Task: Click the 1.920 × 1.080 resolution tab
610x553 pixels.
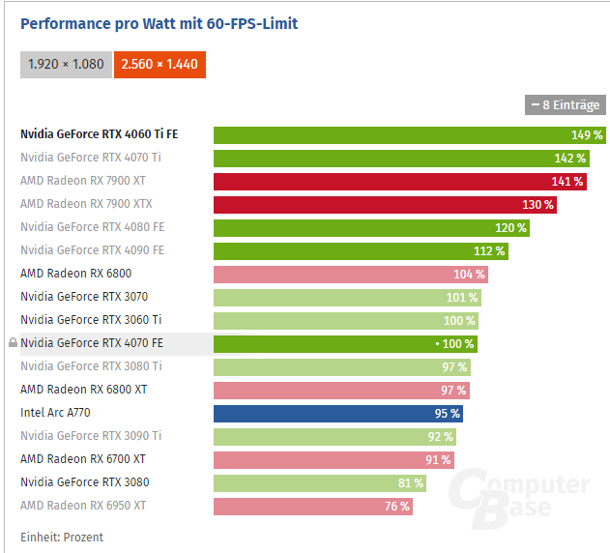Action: pyautogui.click(x=65, y=64)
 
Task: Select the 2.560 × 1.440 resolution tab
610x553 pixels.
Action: pyautogui.click(x=160, y=64)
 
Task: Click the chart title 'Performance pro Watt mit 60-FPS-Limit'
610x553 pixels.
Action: pyautogui.click(x=160, y=23)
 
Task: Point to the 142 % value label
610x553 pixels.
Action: pyautogui.click(x=569, y=158)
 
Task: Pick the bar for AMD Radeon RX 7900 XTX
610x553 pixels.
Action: pyautogui.click(x=377, y=204)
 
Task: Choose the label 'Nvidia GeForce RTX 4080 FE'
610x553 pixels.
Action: pyautogui.click(x=92, y=227)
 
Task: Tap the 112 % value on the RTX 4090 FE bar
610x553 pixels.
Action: pyautogui.click(x=489, y=250)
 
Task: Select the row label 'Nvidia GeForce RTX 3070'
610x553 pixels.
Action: pyautogui.click(x=84, y=297)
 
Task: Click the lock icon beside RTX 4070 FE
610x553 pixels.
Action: pyautogui.click(x=13, y=343)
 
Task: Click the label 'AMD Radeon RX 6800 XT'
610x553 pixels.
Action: pyautogui.click(x=83, y=390)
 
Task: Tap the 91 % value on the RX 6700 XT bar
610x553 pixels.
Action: pyautogui.click(x=438, y=459)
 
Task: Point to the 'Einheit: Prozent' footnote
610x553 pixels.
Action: pyautogui.click(x=62, y=537)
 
